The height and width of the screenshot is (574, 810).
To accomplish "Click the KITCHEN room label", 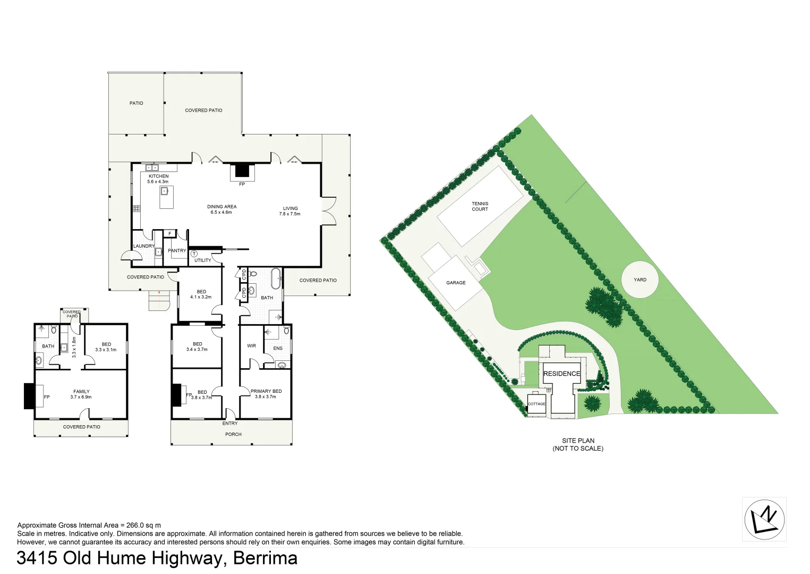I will (x=158, y=176).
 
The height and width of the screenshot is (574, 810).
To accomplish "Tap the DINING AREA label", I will (x=221, y=207).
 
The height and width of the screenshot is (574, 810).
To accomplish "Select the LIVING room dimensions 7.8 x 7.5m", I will (x=289, y=214).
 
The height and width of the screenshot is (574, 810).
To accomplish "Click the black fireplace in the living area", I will (x=242, y=171).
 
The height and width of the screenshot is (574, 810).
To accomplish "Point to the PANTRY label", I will (x=177, y=250).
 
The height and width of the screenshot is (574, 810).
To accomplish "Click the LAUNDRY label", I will (x=143, y=246).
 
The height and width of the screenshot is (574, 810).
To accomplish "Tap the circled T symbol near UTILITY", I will (x=194, y=254).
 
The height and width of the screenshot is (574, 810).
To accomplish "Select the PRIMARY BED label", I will (x=266, y=391).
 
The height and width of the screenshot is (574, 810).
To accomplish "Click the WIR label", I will (x=251, y=345).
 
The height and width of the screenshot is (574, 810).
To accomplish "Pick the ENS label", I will (x=278, y=349).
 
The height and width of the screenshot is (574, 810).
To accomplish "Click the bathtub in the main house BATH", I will (x=276, y=278).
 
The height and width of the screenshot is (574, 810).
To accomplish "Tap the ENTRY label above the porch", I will (x=230, y=424).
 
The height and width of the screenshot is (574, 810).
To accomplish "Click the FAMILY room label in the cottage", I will (x=81, y=392).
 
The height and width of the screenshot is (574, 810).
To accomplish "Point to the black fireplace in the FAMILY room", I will (x=29, y=396).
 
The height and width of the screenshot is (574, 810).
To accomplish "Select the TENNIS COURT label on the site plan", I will (x=480, y=206).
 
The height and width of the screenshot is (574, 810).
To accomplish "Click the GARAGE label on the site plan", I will (x=456, y=283).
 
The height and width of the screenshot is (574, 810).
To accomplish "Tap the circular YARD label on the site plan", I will (x=640, y=280).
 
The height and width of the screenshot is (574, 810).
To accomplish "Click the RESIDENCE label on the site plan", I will (x=561, y=374).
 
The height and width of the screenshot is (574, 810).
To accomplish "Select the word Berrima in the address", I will (x=265, y=558).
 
